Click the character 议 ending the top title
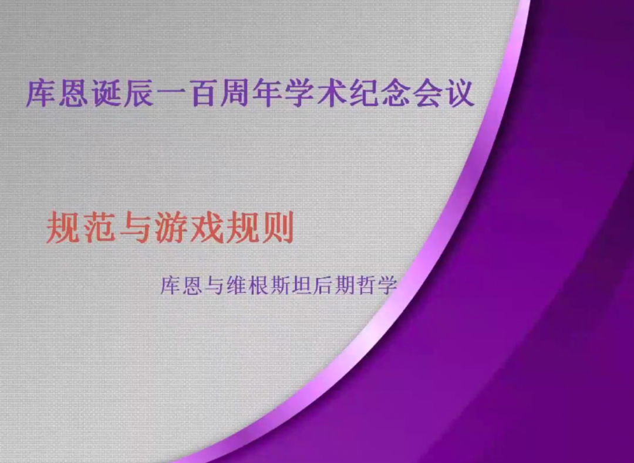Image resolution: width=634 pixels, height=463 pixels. [460, 94]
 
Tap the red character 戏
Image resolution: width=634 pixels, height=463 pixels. [206, 229]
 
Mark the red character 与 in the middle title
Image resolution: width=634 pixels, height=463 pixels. [134, 229]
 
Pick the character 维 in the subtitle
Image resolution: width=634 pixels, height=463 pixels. [236, 285]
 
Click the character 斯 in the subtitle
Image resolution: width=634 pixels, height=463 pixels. [279, 285]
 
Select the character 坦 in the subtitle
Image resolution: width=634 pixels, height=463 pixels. [301, 285]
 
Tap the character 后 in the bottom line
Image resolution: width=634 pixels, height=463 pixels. [323, 285]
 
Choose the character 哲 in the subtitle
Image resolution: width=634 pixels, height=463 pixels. [366, 285]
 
